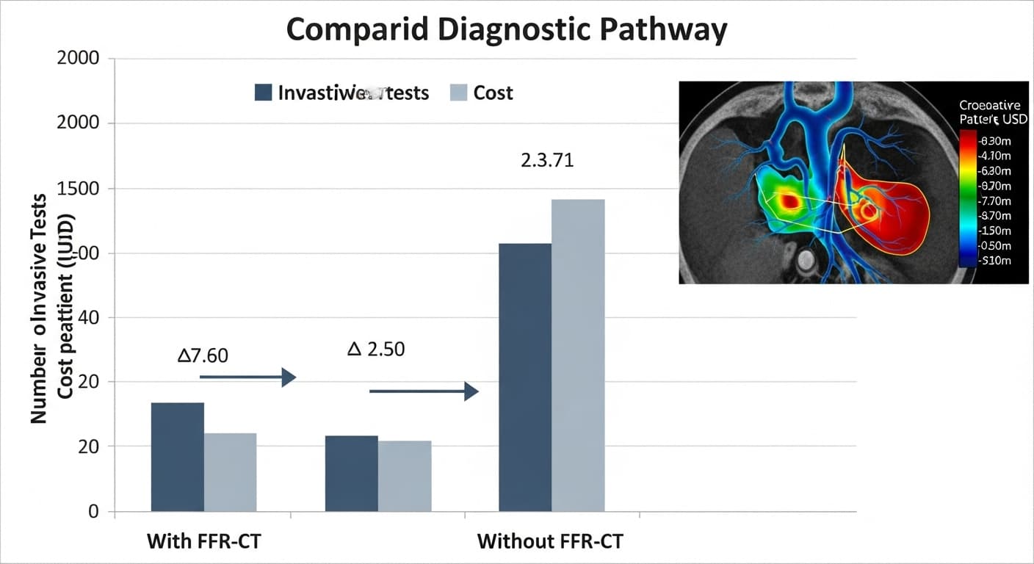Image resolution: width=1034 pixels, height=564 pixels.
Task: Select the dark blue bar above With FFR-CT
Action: [x=178, y=457]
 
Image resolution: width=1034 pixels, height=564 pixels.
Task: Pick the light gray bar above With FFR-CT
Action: [x=231, y=472]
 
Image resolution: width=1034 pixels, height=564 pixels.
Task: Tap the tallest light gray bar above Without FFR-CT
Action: [x=578, y=355]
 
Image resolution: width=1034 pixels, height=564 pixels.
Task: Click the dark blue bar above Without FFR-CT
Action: [x=525, y=377]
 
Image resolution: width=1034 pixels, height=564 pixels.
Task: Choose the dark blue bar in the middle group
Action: [x=352, y=474]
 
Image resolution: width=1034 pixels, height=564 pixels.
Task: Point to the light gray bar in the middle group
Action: [x=405, y=476]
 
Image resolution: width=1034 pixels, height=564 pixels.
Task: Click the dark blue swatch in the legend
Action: [x=264, y=93]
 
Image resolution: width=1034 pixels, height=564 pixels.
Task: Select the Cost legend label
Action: [x=493, y=93]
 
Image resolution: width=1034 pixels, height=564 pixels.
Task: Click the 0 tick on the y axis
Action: [x=93, y=511]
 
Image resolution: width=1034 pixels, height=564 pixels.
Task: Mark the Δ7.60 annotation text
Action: [x=203, y=356]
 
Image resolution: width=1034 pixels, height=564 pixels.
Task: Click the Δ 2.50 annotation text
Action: [x=375, y=349]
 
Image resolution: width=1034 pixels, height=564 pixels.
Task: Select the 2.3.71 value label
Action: [x=547, y=160]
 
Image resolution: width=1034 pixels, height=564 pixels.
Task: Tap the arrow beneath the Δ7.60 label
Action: [x=247, y=377]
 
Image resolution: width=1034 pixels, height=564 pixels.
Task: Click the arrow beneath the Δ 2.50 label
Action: [x=424, y=391]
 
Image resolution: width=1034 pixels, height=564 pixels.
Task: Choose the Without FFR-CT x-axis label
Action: [x=550, y=542]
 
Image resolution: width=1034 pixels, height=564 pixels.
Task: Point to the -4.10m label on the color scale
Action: [x=994, y=156]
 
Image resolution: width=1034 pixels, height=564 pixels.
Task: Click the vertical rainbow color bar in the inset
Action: [x=968, y=198]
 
